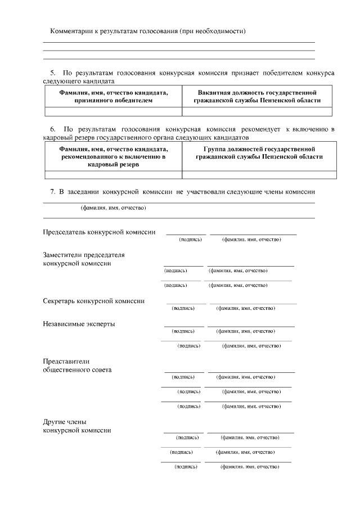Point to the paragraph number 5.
[53, 73]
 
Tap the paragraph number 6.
[53, 129]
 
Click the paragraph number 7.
[53, 192]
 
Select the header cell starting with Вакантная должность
[256, 96]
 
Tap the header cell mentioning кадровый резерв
[113, 156]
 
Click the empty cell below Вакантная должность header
[256, 111]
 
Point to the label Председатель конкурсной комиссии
[99, 232]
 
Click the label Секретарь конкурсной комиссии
[93, 301]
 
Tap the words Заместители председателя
[84, 255]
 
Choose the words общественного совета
[77, 370]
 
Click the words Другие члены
[65, 421]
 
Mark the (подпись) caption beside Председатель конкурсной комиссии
[190, 240]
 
